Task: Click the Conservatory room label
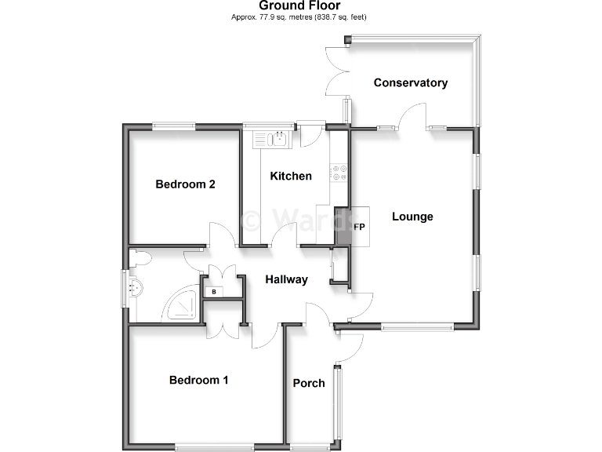pos(410,82)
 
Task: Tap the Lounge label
pos(412,217)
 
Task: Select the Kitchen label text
pos(291,176)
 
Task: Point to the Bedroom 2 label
pos(185,184)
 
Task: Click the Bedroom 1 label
pos(199,380)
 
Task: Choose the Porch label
pos(309,383)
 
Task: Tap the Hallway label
pos(286,279)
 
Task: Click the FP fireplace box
pos(360,227)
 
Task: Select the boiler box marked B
pos(214,292)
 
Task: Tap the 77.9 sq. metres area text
pos(299,16)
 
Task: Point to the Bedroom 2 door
pos(222,235)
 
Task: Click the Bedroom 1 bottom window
pos(214,448)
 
